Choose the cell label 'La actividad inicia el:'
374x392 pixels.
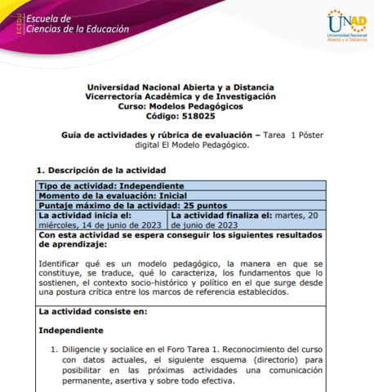pyautogui.click(x=80, y=215)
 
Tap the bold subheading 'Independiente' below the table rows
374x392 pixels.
pyautogui.click(x=71, y=331)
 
